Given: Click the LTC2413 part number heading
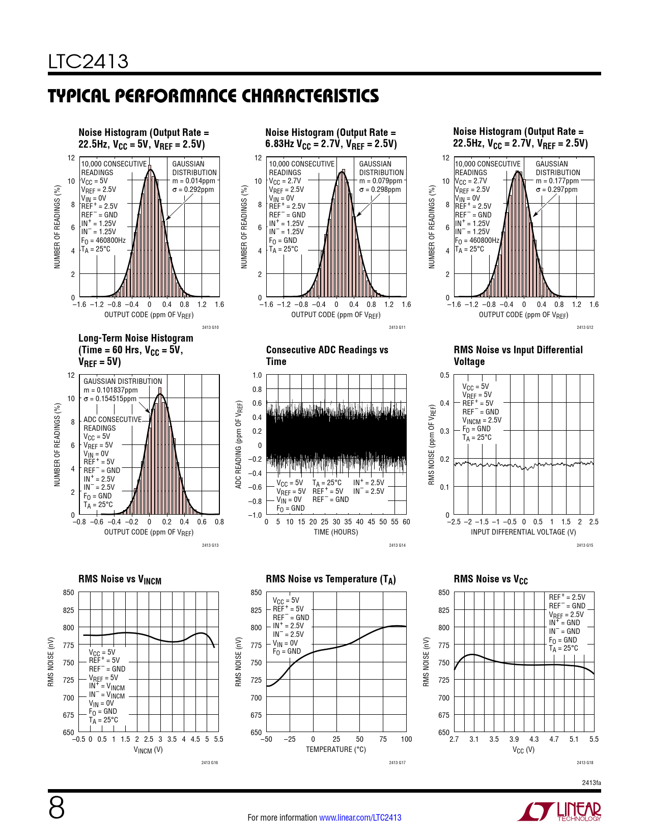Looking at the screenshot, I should click(88, 62).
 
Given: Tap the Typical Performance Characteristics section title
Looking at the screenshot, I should click(213, 96).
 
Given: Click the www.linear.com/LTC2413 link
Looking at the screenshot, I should click(360, 818).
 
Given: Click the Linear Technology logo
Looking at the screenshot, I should click(559, 811).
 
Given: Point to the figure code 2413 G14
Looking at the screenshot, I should click(397, 545).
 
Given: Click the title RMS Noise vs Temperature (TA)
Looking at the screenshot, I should click(331, 579).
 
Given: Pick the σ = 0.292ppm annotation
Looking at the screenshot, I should click(193, 189).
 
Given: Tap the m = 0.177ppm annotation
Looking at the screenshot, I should click(557, 181).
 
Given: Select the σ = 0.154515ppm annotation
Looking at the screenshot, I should click(110, 399).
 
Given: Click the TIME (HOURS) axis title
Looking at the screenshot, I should click(335, 532).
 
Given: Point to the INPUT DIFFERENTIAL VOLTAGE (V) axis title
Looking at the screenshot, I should click(523, 532).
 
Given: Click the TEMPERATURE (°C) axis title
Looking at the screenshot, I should click(335, 749).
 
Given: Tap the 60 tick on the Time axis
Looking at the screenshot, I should click(406, 522).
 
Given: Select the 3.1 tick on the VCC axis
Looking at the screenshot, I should click(474, 739).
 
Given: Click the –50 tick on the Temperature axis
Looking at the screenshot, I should click(266, 739).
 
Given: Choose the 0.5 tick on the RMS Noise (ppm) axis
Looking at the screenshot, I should click(444, 375).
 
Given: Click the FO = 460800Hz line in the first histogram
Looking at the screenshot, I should click(103, 240).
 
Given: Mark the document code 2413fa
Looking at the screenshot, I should click(591, 782).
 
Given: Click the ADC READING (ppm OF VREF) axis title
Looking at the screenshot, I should click(238, 444).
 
